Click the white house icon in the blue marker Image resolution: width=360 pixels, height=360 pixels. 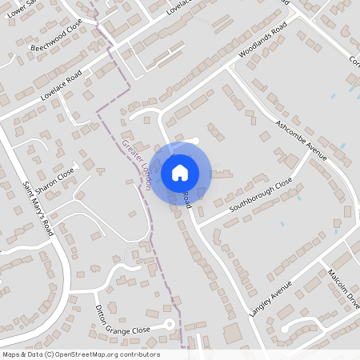(180, 172)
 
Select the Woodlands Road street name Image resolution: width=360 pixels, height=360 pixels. (263, 45)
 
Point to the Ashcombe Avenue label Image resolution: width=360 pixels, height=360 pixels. (302, 139)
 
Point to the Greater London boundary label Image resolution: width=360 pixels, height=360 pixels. (137, 165)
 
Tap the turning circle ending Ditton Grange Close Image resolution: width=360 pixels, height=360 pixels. (168, 324)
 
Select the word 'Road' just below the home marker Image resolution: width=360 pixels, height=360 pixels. (186, 201)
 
